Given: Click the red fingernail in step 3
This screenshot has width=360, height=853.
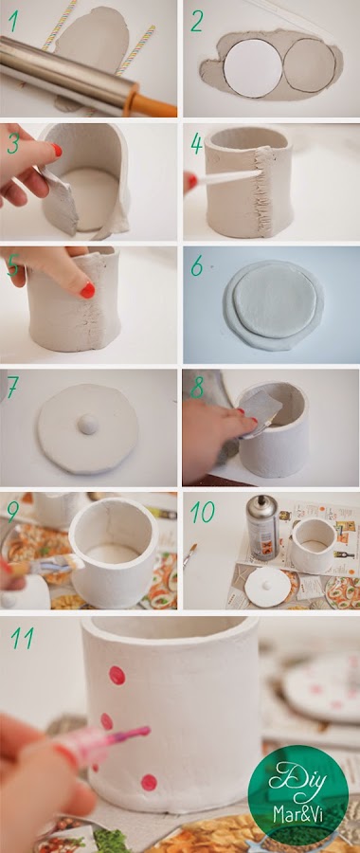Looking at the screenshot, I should coord(57,150).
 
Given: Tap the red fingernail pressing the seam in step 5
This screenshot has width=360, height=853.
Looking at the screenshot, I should coord(87,290).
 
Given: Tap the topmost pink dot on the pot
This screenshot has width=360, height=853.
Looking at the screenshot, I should coord(117,675).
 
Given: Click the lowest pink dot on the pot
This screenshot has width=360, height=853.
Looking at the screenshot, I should coord(149,782).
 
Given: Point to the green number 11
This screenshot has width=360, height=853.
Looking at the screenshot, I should coord(22,639).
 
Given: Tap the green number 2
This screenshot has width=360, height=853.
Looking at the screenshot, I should coord(196,21).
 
